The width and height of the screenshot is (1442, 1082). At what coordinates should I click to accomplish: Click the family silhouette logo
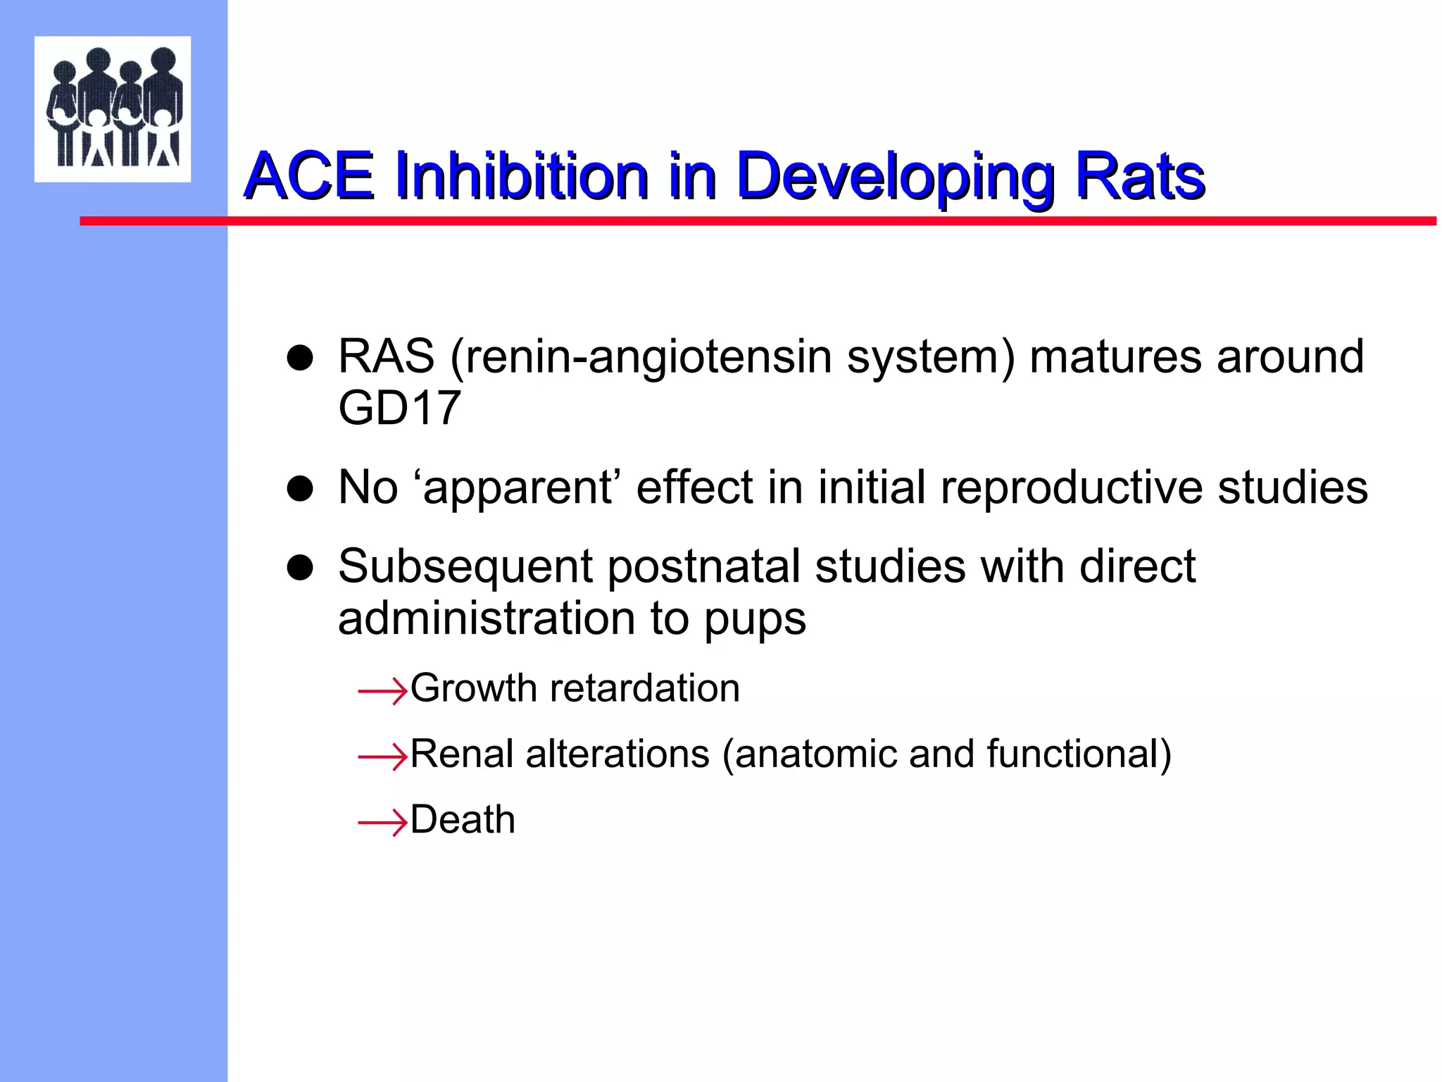coord(113,108)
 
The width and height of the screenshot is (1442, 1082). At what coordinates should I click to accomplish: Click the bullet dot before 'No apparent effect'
coord(300,488)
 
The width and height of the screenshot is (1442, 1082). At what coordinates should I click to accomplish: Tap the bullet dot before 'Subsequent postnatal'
coord(300,568)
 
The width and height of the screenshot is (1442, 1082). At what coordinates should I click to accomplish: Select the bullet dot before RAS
coord(300,358)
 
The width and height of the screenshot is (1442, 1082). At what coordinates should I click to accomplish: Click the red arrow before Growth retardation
coord(382,691)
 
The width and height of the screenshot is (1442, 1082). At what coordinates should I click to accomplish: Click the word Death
coord(463,820)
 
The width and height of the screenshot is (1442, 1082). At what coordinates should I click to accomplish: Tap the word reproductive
coord(1072,489)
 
